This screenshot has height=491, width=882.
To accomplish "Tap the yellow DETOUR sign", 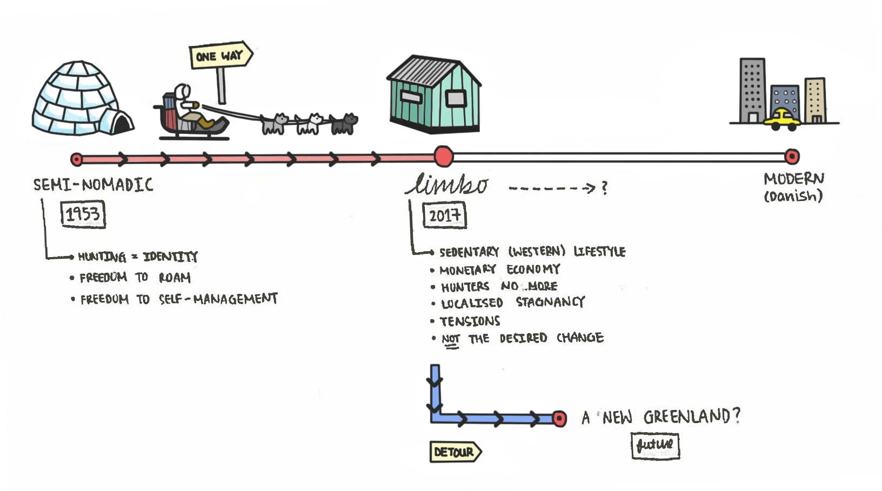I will pyautogui.click(x=455, y=452).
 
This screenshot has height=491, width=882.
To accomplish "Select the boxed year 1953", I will pyautogui.click(x=83, y=214).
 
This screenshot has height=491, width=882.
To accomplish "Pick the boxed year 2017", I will pyautogui.click(x=444, y=216).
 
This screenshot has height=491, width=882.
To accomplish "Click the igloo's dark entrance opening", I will pyautogui.click(x=122, y=124).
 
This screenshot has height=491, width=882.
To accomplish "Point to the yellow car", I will pyautogui.click(x=781, y=120).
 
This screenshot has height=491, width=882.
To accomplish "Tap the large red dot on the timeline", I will pyautogui.click(x=443, y=157).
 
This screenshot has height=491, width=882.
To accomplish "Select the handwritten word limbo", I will pyautogui.click(x=447, y=185).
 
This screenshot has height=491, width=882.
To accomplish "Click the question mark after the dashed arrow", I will pyautogui.click(x=604, y=188).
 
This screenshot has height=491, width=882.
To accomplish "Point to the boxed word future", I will pyautogui.click(x=655, y=446).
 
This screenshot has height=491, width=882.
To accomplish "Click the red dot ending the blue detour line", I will pyautogui.click(x=559, y=419).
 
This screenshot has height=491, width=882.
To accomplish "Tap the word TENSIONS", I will pyautogui.click(x=470, y=321).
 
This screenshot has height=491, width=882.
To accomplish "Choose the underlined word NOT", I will pyautogui.click(x=450, y=339).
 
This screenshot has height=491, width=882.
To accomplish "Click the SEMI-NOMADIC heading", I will pyautogui.click(x=93, y=185).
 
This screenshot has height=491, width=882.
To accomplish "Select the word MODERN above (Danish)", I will pyautogui.click(x=793, y=179).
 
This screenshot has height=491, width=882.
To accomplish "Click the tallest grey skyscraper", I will pyautogui.click(x=752, y=90).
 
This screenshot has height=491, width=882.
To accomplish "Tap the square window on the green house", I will pyautogui.click(x=455, y=99).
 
